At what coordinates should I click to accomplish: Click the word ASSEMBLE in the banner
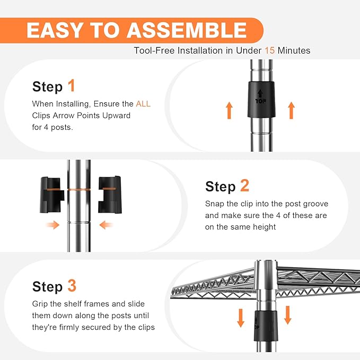[187, 30]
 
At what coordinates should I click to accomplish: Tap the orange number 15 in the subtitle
[269, 50]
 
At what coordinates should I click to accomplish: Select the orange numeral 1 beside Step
[72, 85]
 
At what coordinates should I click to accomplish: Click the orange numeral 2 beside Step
[244, 185]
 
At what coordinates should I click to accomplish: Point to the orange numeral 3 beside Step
[72, 286]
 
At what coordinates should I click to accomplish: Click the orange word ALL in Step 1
[143, 104]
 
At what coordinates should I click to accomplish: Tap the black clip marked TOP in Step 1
[261, 100]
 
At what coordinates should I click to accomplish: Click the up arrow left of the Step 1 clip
[229, 110]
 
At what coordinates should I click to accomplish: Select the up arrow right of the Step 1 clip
[292, 110]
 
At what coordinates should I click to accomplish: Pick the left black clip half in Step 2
[51, 195]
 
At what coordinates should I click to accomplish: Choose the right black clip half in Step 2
[110, 195]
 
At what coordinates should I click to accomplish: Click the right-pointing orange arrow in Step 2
[53, 225]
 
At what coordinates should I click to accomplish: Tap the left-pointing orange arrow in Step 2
[106, 225]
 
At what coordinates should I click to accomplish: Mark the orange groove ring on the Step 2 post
[79, 190]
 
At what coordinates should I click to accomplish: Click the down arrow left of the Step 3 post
[240, 318]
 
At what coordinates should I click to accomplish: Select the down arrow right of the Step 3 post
[288, 315]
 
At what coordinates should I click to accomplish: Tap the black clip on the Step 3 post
[266, 326]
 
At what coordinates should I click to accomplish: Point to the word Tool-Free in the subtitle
[154, 50]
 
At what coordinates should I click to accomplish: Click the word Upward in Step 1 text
[116, 116]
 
